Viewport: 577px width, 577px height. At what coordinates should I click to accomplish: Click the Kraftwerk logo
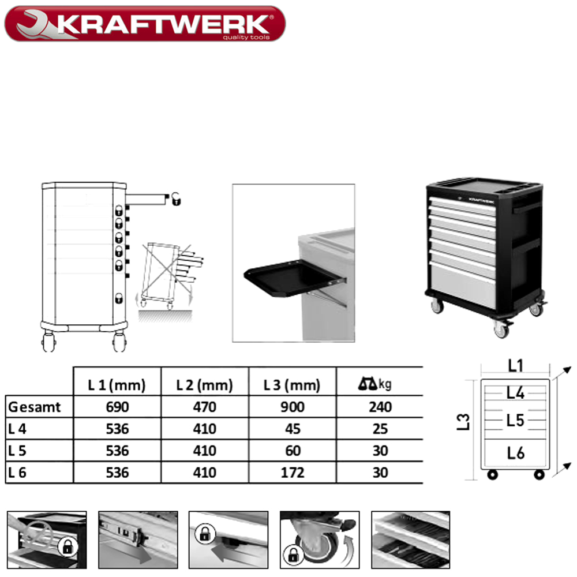(x=145, y=24)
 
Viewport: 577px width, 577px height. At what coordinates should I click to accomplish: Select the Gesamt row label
(x=34, y=407)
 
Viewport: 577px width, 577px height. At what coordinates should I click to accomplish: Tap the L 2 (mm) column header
(x=205, y=385)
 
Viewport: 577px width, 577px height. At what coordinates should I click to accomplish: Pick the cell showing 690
(x=117, y=407)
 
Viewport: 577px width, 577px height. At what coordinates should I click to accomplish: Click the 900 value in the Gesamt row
(x=293, y=407)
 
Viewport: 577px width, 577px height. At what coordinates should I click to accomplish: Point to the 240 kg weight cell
(x=380, y=407)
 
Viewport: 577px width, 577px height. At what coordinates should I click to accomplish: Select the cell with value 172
(x=293, y=473)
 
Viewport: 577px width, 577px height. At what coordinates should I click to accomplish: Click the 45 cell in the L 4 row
(x=293, y=429)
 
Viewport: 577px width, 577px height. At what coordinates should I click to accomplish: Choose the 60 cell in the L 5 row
(x=293, y=451)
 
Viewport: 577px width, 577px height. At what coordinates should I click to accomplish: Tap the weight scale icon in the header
(x=367, y=384)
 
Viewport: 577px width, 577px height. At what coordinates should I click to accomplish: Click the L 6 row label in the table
(x=17, y=473)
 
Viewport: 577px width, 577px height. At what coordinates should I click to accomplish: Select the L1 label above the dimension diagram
(x=515, y=366)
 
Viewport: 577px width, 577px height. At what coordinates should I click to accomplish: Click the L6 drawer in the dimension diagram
(x=515, y=454)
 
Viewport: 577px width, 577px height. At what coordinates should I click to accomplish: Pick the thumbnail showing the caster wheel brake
(x=320, y=539)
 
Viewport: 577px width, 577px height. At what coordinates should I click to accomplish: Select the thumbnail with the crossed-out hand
(x=47, y=539)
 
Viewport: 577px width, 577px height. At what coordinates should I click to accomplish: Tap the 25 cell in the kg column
(x=380, y=429)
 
